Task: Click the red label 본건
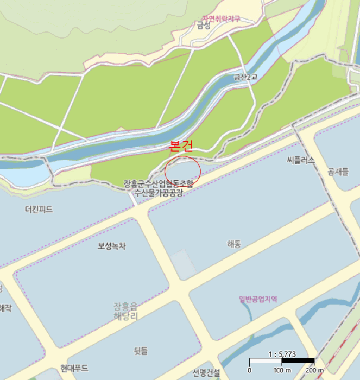click(181, 145)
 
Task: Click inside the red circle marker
click(182, 169)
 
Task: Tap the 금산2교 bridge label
click(245, 78)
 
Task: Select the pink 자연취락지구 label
click(221, 19)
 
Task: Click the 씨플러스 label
click(301, 160)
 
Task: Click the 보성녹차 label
click(111, 246)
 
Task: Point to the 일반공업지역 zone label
click(258, 299)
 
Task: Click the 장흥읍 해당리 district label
click(126, 310)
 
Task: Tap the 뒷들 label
click(141, 351)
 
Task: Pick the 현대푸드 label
click(74, 369)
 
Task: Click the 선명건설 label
click(206, 373)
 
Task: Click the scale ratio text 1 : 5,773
click(282, 354)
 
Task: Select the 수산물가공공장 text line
click(159, 193)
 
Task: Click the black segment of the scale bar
click(298, 361)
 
